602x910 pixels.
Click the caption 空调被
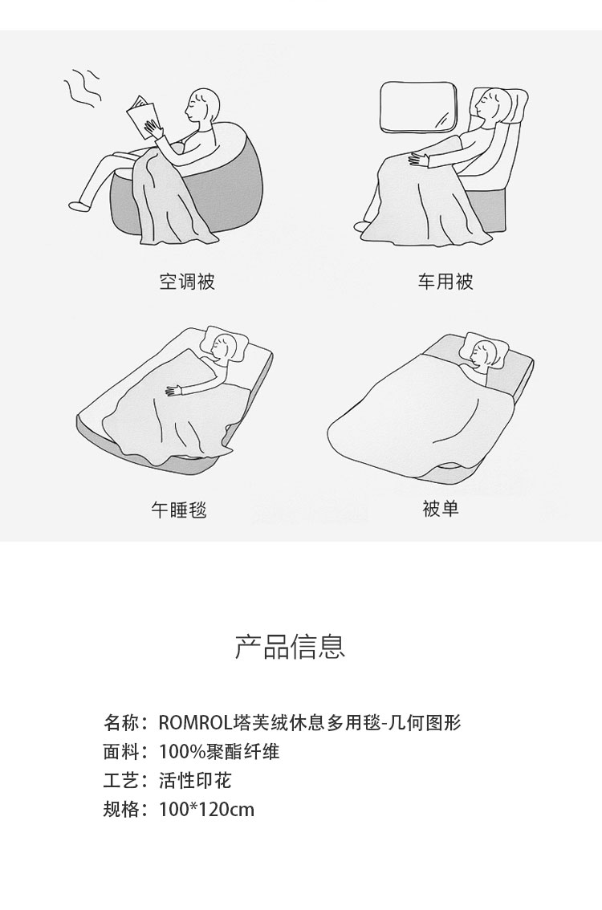click(x=187, y=282)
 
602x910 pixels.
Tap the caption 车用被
click(x=445, y=282)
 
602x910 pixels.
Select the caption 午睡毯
click(x=179, y=510)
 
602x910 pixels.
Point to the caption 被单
click(x=441, y=509)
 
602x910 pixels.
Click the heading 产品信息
click(x=291, y=647)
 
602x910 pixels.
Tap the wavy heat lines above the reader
click(x=81, y=89)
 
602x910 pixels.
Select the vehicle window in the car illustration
click(x=418, y=106)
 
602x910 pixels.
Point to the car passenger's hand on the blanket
click(x=421, y=158)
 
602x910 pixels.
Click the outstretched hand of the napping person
click(x=175, y=391)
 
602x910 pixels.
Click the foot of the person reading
click(x=79, y=205)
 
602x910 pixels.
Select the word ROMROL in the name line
click(x=195, y=723)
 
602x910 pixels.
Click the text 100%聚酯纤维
click(x=219, y=752)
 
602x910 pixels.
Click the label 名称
click(x=121, y=723)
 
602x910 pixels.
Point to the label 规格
click(x=121, y=809)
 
